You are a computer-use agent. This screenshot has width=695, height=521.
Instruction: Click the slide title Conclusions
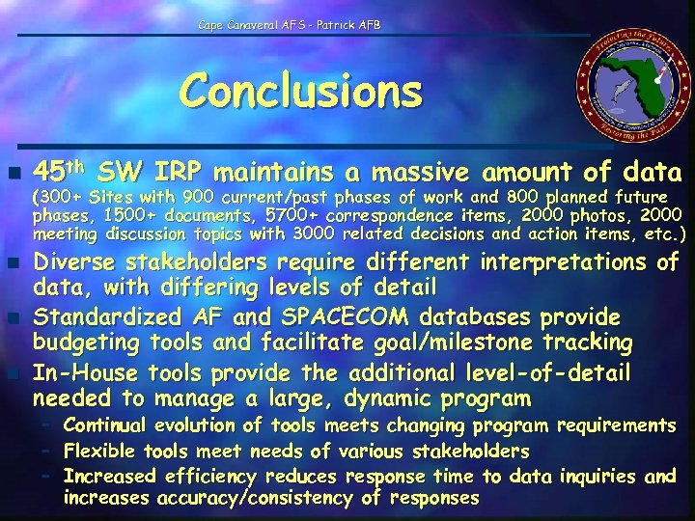tap(301, 93)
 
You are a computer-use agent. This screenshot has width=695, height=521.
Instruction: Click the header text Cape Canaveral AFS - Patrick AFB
tap(290, 23)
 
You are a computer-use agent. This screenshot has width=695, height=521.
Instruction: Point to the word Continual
tap(104, 425)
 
